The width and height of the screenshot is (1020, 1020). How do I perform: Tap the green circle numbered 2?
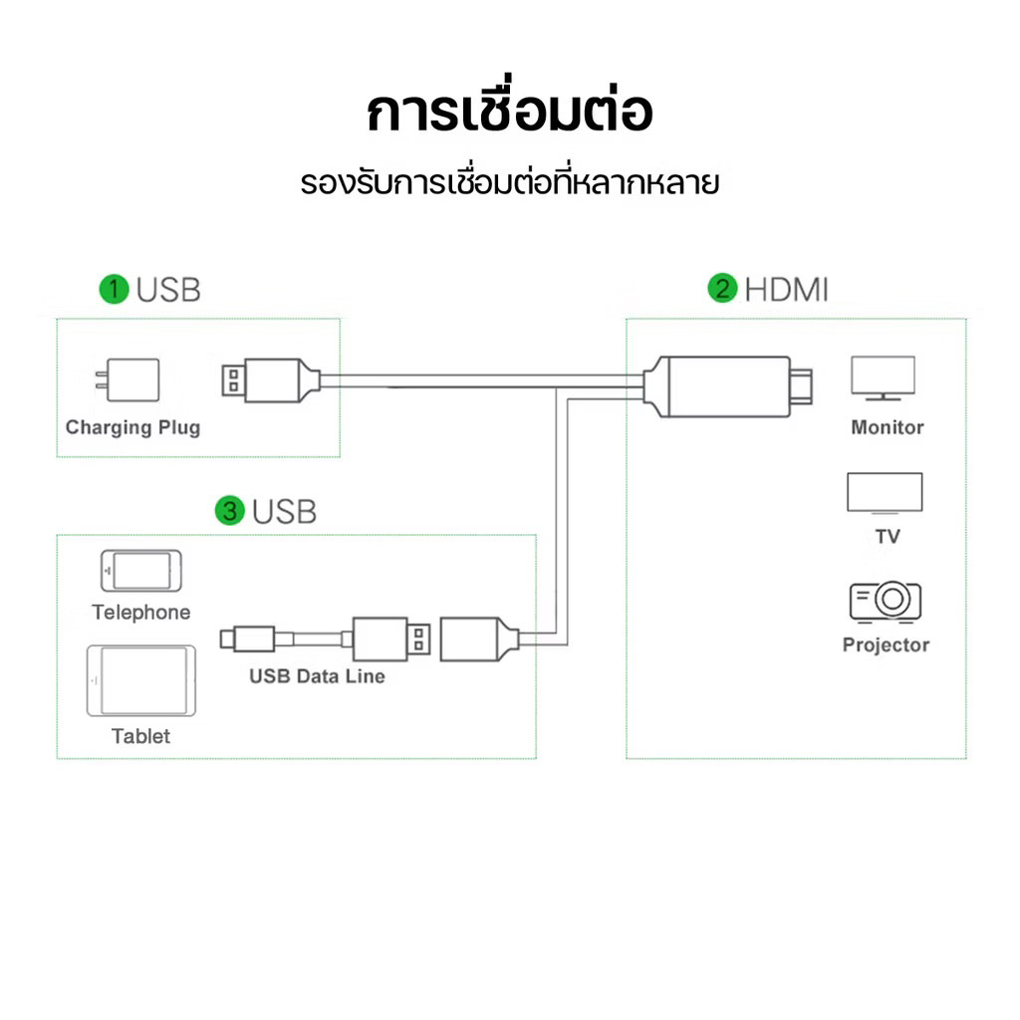pos(722,290)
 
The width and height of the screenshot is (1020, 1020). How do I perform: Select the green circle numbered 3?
pos(230,512)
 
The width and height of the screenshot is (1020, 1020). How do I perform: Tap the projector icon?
pos(885,602)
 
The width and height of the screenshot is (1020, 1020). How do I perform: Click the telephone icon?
pos(141,571)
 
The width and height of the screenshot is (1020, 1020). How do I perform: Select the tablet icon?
pos(140,681)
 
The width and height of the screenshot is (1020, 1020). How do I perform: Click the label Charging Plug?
pos(132,427)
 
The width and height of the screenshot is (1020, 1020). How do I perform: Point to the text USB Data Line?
pos(317,676)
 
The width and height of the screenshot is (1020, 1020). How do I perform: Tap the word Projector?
pos(886,644)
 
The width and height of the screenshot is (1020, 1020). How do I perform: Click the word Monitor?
pos(887,427)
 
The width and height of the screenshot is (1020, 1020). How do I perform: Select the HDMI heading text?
pos(786,290)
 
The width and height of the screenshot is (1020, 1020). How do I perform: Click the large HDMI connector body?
pos(717,385)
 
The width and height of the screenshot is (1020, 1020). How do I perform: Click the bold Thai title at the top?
pos(510,113)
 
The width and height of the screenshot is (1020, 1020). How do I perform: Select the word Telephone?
pos(140,613)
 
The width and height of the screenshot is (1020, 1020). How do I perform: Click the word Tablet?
pos(140,736)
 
